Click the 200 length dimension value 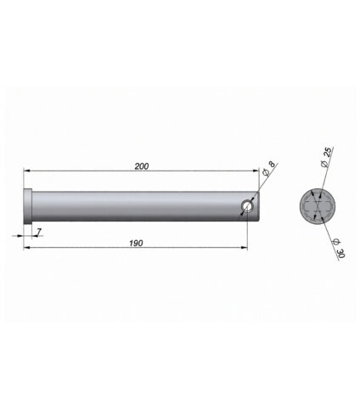coord(142,166)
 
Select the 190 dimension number coord(136,243)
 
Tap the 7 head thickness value coord(39,232)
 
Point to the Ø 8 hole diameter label coord(268,169)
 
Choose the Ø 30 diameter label coord(339,248)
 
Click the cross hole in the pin coord(248,206)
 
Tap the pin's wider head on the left coord(28,206)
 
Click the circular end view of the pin coord(318,206)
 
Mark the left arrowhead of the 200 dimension coord(27,171)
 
